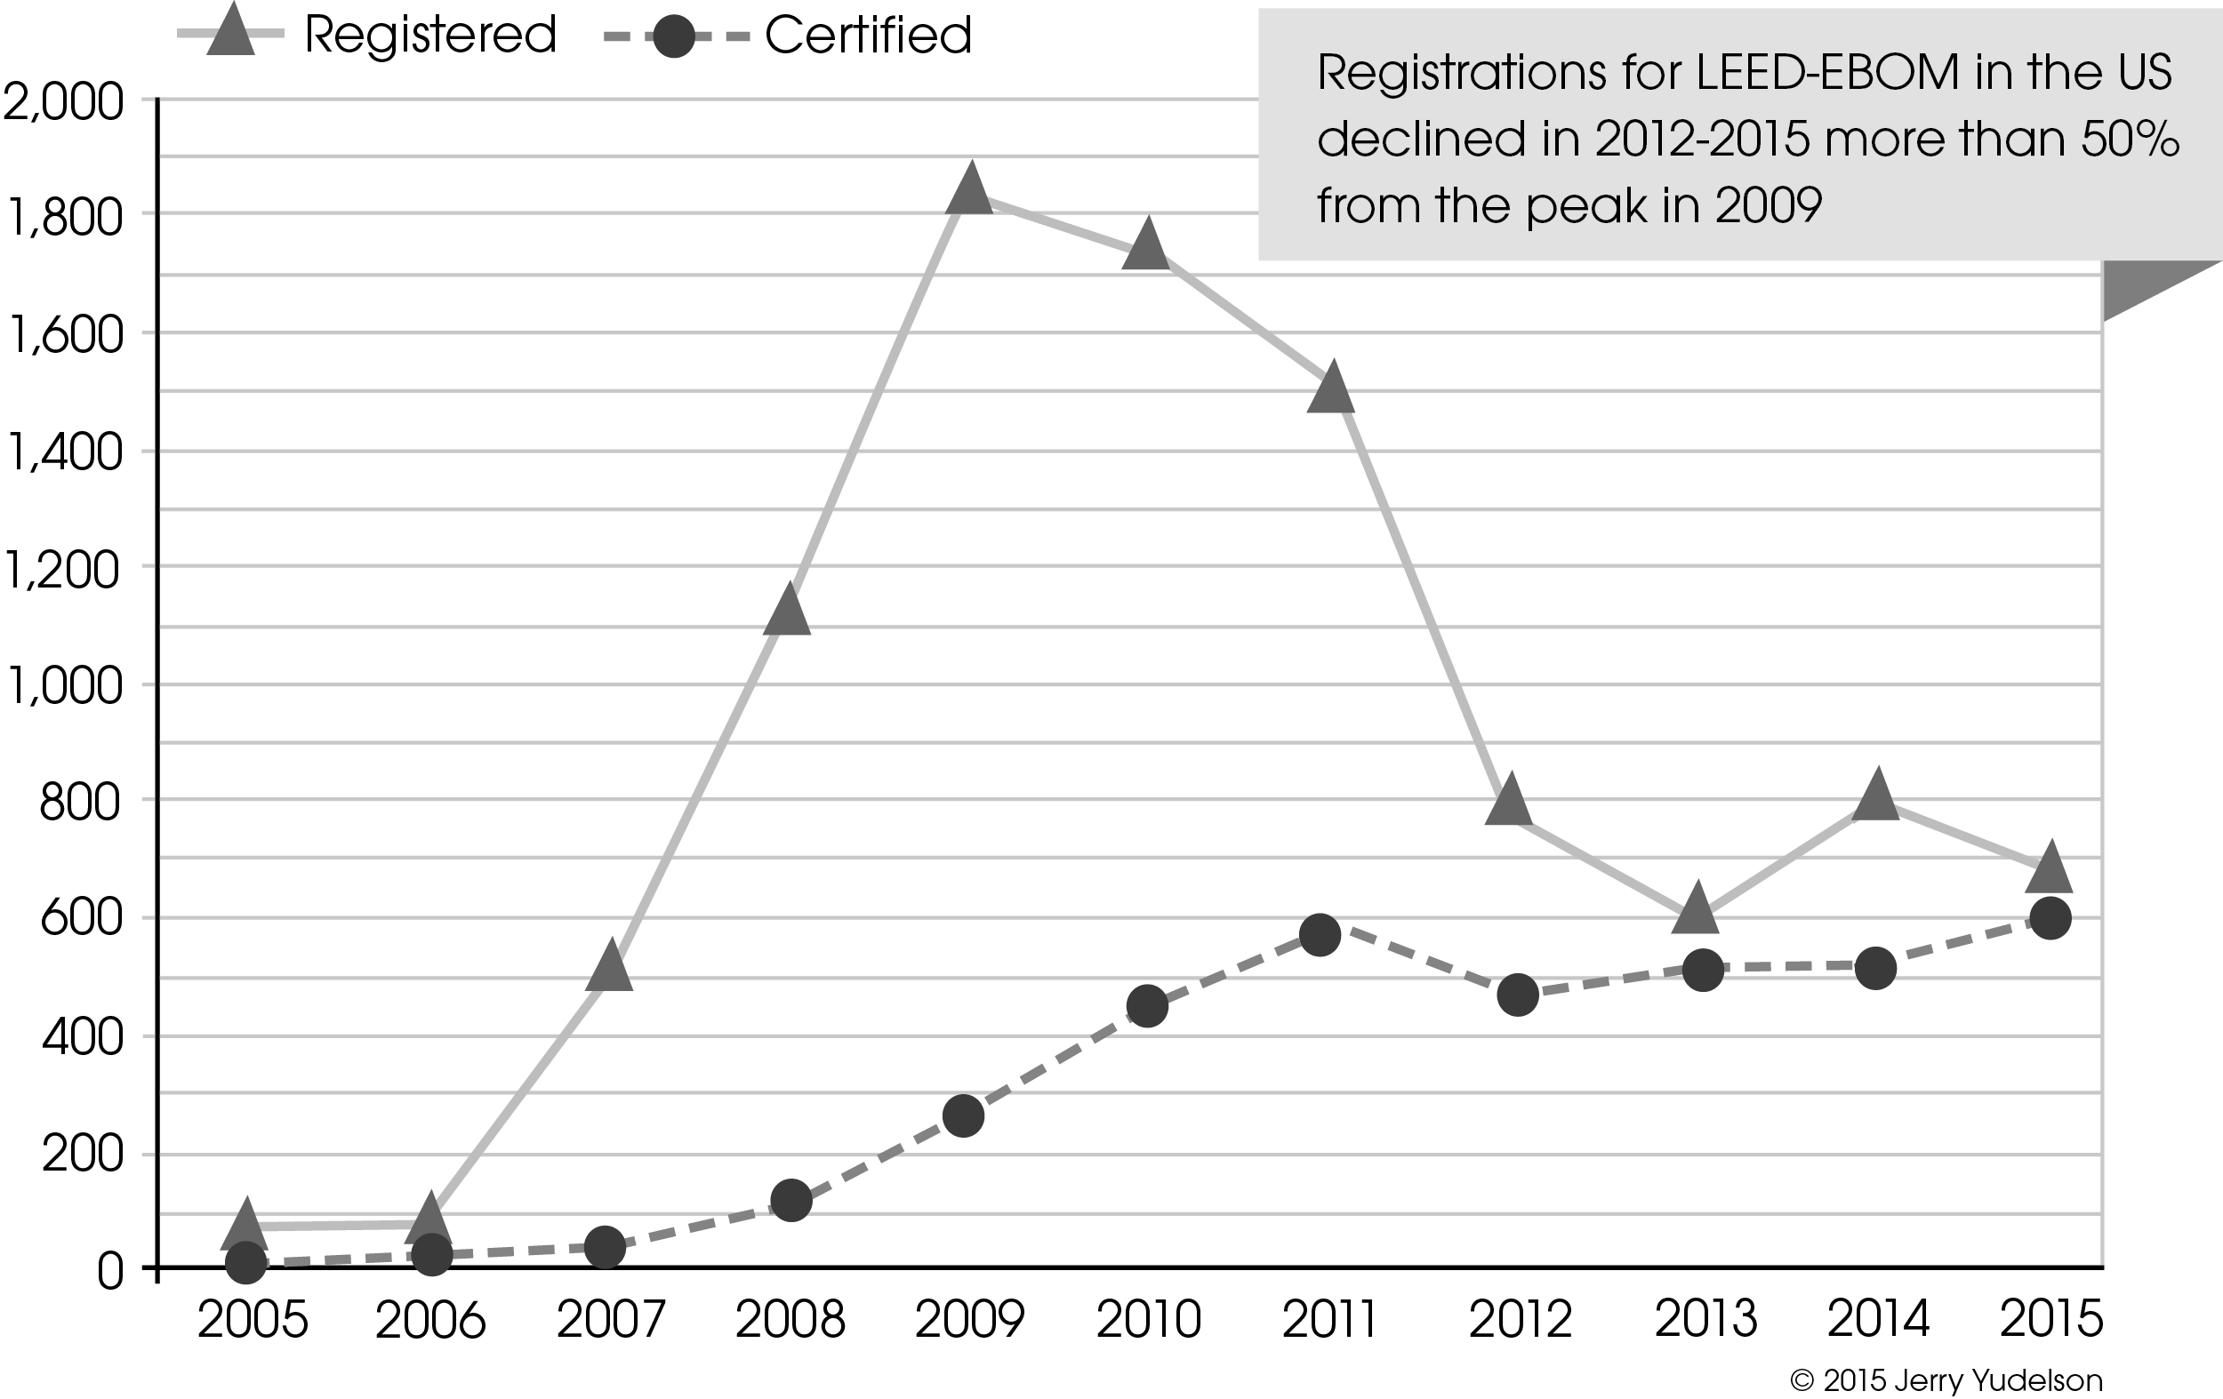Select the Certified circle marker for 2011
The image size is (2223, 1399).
1320,936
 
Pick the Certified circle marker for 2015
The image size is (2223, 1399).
2050,918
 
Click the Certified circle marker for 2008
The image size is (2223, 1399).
790,1200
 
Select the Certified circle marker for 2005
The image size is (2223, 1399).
246,1261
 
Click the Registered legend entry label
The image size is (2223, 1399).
430,35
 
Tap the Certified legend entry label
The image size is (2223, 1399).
868,35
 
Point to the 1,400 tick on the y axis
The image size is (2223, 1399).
63,453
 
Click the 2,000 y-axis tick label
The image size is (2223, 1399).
63,101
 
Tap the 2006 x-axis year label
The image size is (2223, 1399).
430,1321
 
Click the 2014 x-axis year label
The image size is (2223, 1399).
1878,1320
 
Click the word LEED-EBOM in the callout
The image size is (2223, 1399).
1827,72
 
